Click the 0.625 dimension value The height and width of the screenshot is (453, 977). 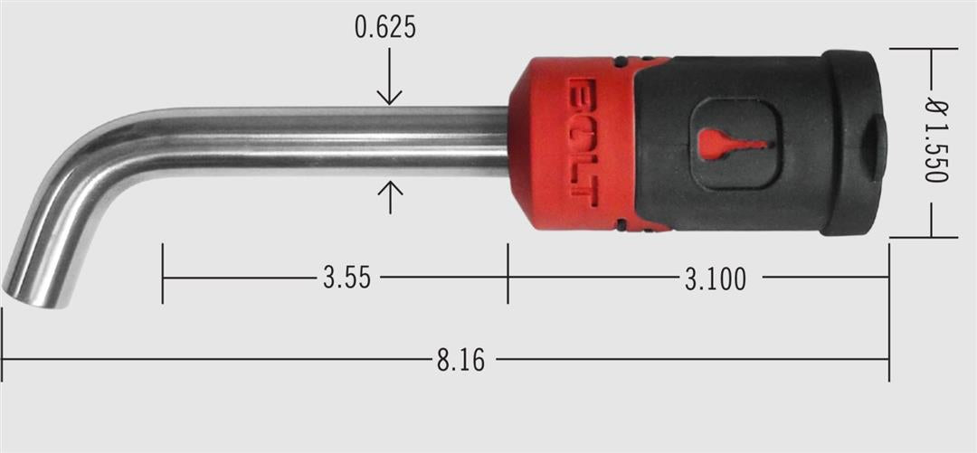coord(386,28)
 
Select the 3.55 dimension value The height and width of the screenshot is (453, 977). coord(346,278)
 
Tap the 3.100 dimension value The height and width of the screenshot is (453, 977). coord(715,278)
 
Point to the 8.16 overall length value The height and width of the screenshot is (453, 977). coord(460,361)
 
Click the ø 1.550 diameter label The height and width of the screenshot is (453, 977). coord(935,142)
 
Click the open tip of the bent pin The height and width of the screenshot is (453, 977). coord(34,296)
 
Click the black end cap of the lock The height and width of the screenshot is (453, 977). coord(850,143)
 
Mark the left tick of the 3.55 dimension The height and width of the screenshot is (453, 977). coord(163,273)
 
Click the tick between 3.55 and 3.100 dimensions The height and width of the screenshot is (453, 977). coord(507,273)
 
